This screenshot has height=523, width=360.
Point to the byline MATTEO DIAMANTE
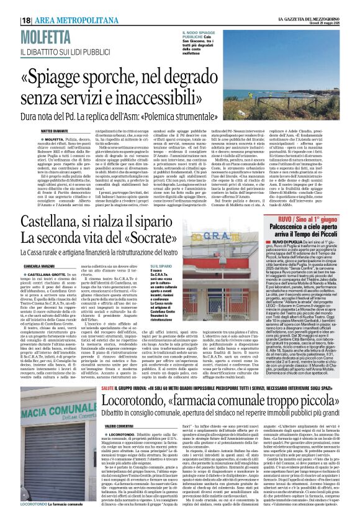37,132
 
